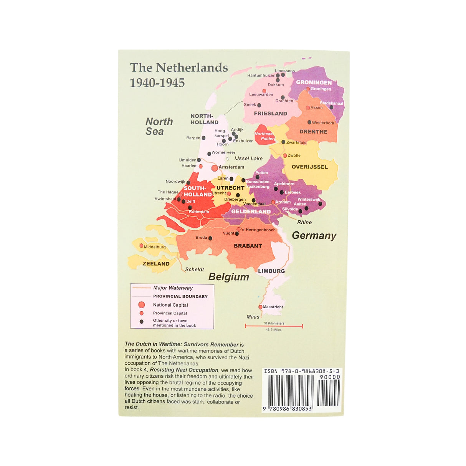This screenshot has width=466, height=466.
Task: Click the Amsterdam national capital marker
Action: point(215,168)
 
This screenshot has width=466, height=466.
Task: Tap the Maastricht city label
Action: point(273,307)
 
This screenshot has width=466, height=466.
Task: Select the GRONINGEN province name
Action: point(314,83)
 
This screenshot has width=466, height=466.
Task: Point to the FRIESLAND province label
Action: point(270,114)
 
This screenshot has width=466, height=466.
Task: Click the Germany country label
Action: point(314,236)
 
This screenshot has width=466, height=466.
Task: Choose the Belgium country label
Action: point(228,277)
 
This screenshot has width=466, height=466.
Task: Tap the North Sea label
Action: point(159,126)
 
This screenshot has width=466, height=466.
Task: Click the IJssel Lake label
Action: point(248,159)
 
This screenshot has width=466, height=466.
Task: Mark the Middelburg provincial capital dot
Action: point(141,246)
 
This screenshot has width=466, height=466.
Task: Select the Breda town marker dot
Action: point(210,238)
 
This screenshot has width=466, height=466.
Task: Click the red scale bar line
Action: point(274,326)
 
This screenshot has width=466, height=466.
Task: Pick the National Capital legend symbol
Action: point(142,305)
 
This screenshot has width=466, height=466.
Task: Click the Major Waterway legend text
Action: point(173,288)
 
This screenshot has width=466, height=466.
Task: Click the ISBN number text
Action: point(301,371)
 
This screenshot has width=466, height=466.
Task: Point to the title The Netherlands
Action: point(179,68)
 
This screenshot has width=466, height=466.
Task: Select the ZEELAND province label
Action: point(156,264)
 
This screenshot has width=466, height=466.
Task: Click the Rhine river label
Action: point(304,222)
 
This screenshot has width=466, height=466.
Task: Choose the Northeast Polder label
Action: point(264,136)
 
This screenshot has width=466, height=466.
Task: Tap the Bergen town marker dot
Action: point(203,138)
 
